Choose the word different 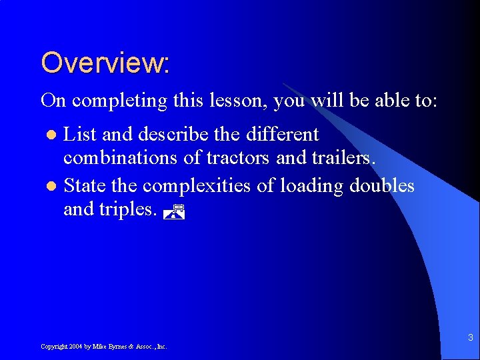(283, 135)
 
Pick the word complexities (198, 185)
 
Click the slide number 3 (470, 337)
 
